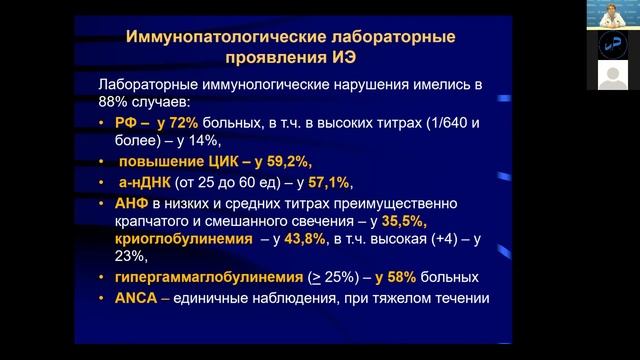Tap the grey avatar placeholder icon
[612, 74]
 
